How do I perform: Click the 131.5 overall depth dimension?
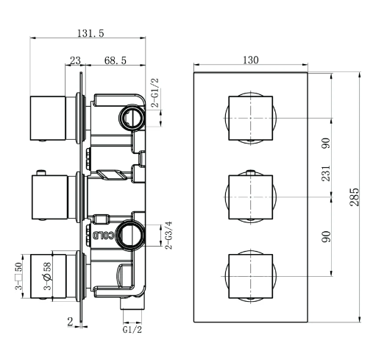(x=90, y=33)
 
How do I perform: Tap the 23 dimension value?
(x=75, y=60)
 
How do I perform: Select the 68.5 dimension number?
(x=116, y=60)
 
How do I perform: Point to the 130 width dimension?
(x=251, y=60)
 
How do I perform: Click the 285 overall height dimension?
(x=355, y=197)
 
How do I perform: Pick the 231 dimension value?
(x=326, y=174)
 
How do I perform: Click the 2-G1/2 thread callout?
(x=155, y=93)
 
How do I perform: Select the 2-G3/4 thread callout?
(x=168, y=236)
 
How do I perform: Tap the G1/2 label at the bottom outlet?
(x=132, y=330)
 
